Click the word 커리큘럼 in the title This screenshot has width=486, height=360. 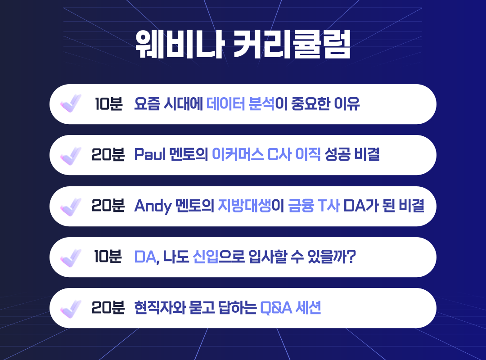pos(292,45)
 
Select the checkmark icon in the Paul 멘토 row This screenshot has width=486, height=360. pos(70,155)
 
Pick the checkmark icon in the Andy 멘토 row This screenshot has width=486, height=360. pos(70,206)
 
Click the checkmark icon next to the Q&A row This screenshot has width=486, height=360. pos(70,308)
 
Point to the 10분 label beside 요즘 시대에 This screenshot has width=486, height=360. pos(108,104)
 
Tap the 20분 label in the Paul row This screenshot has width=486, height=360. pos(108,155)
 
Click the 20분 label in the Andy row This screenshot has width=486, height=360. pos(108,206)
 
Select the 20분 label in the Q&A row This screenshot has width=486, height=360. pos(108,308)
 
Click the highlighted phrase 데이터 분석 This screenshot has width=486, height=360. pos(240,104)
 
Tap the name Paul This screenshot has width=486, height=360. pos(150,155)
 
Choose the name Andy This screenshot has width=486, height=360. pos(153,206)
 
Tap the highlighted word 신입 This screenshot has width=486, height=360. pos(205,257)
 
